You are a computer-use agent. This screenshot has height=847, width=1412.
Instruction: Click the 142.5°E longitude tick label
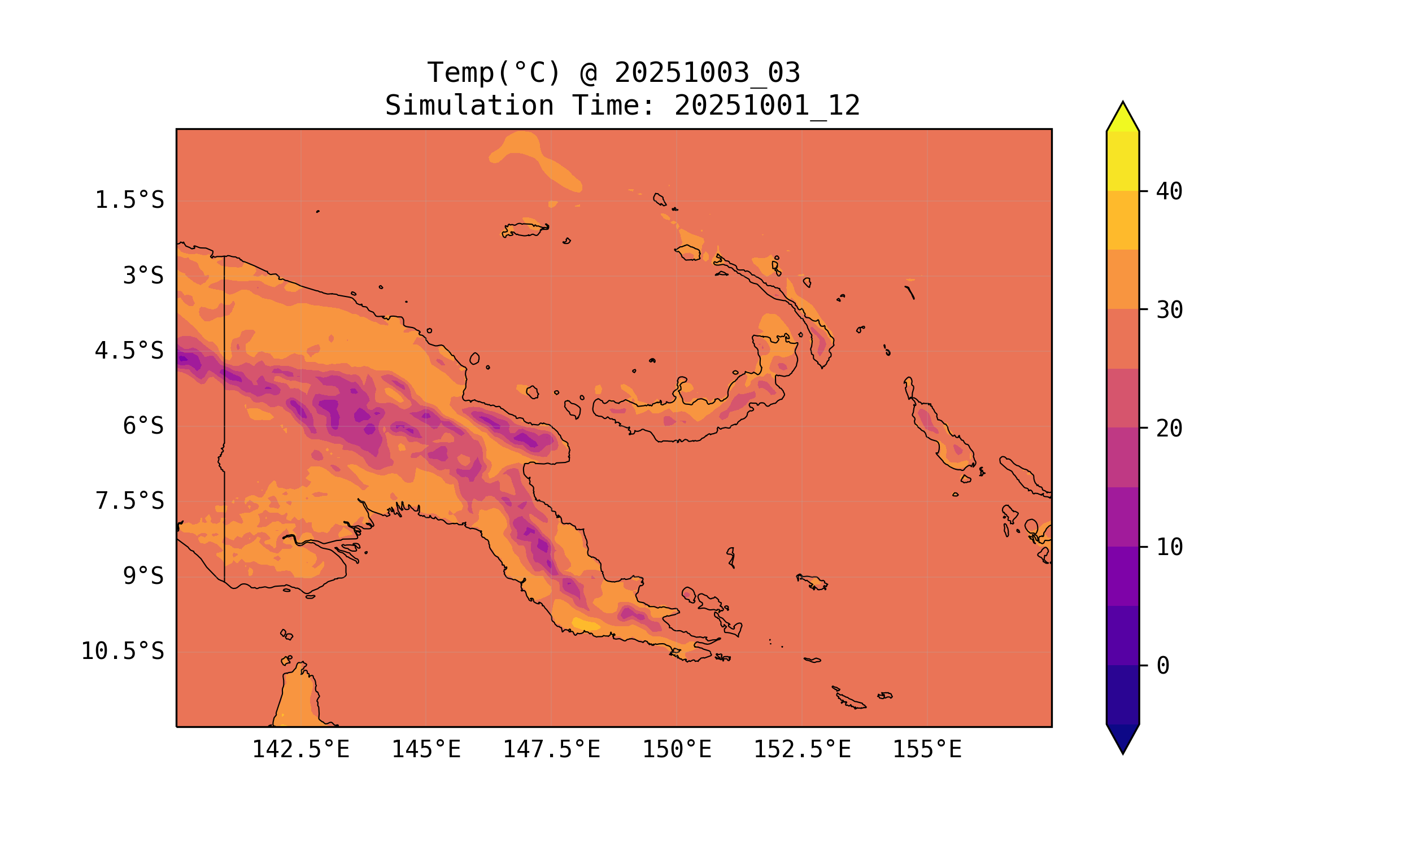[x=300, y=749]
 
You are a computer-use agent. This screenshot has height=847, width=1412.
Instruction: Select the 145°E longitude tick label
[x=426, y=749]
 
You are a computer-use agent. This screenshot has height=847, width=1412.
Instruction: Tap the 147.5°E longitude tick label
[x=551, y=749]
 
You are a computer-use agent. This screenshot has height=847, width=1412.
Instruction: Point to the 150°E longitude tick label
[x=677, y=749]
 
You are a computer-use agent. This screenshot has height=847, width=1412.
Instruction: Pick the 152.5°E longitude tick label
[x=802, y=749]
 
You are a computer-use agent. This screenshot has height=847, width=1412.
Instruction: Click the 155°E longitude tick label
[x=927, y=749]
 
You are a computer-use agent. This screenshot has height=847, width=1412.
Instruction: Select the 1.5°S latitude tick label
[x=129, y=200]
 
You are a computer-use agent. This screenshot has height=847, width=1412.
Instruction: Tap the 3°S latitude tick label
[x=143, y=276]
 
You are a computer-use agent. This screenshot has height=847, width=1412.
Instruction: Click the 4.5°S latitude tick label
[x=129, y=351]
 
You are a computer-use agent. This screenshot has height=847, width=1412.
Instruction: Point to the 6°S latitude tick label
[x=143, y=426]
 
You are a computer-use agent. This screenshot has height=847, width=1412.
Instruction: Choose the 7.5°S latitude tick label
[x=129, y=501]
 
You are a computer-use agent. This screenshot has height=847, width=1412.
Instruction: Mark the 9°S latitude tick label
[x=143, y=576]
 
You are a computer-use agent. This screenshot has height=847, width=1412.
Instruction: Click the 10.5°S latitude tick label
[x=122, y=651]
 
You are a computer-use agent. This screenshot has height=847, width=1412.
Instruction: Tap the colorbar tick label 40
[x=1170, y=191]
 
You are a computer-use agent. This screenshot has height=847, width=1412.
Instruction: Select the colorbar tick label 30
[x=1170, y=310]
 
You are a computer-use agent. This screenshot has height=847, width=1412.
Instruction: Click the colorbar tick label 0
[x=1162, y=666]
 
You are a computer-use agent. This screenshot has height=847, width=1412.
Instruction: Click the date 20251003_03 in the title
[x=707, y=73]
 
